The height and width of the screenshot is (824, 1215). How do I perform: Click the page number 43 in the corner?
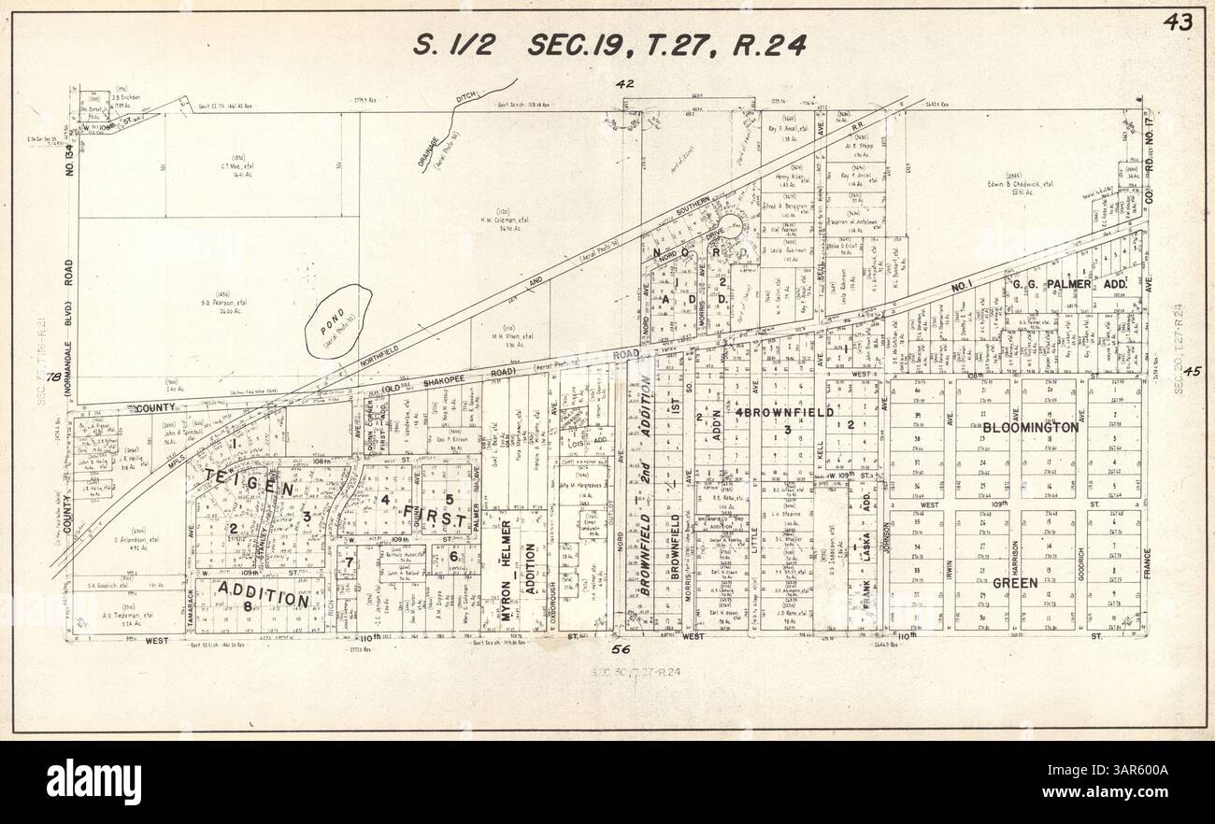click(x=1178, y=23)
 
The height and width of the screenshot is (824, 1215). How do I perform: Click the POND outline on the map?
click(x=337, y=320)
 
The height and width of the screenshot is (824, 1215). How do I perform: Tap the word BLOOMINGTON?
click(x=1030, y=427)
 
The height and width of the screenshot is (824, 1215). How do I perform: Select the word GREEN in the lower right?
click(x=1015, y=583)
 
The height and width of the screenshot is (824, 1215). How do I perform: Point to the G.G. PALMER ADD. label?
click(x=1072, y=284)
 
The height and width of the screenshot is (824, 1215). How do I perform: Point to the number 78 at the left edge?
click(x=54, y=377)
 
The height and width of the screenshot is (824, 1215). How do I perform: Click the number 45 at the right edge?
click(x=1191, y=372)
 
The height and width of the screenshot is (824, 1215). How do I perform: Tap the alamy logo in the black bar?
click(x=93, y=781)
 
